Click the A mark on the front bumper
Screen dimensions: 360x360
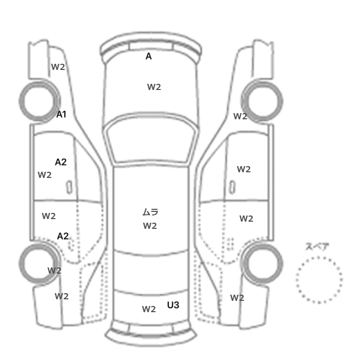pos(149,56)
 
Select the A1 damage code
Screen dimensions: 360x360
pos(61,114)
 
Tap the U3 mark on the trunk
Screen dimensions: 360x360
pos(173,305)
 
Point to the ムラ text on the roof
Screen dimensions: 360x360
pos(150,212)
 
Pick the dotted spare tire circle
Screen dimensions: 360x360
pos(319,257)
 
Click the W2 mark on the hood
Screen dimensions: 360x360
pos(154,87)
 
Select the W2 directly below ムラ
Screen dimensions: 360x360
pos(150,226)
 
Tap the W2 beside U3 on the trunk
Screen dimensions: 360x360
pos(149,309)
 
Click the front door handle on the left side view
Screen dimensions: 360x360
pos(69,187)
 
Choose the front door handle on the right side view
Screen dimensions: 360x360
pos(232,187)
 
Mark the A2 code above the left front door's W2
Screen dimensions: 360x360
pos(61,162)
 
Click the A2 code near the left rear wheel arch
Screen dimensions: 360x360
pos(63,236)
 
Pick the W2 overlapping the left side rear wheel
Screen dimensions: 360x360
pos(55,271)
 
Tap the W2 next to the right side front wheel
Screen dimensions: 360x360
pos(240,116)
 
